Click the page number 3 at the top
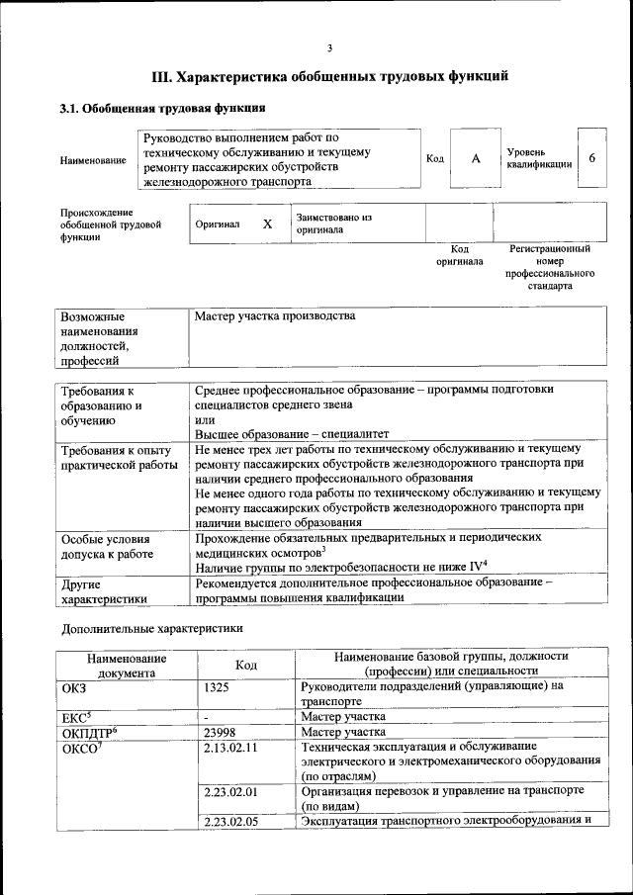pyautogui.click(x=329, y=49)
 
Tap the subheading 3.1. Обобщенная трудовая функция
pyautogui.click(x=161, y=109)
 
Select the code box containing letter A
pyautogui.click(x=475, y=158)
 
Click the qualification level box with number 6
pyautogui.click(x=591, y=158)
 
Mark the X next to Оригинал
pyautogui.click(x=267, y=224)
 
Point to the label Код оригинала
pyautogui.click(x=459, y=255)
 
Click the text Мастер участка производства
pyautogui.click(x=274, y=316)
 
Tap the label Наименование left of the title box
pyautogui.click(x=93, y=160)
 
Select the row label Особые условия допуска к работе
pyautogui.click(x=107, y=547)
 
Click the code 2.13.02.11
pyautogui.click(x=229, y=748)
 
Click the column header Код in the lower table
pyautogui.click(x=246, y=665)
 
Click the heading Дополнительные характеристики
pyautogui.click(x=151, y=628)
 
